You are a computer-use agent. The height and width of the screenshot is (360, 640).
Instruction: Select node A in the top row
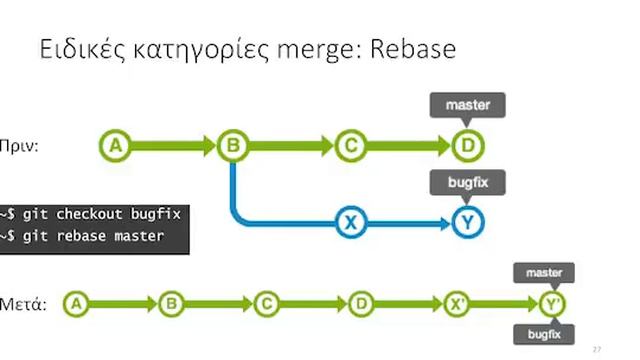pyautogui.click(x=116, y=146)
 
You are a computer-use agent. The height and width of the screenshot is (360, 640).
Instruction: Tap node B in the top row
pyautogui.click(x=232, y=146)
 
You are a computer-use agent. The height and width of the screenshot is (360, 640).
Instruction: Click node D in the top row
pyautogui.click(x=466, y=146)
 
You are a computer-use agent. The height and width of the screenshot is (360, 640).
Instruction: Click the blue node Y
pyautogui.click(x=466, y=222)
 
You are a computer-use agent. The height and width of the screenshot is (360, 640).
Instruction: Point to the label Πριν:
pyautogui.click(x=20, y=146)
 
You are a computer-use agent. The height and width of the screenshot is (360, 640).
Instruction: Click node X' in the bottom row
pyautogui.click(x=457, y=303)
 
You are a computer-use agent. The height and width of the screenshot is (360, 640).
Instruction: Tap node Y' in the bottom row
pyautogui.click(x=552, y=303)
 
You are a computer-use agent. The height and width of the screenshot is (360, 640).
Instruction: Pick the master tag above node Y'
pyautogui.click(x=544, y=273)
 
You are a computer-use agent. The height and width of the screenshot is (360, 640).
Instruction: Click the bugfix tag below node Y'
pyautogui.click(x=544, y=334)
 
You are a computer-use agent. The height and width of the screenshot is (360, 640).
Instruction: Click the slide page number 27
pyautogui.click(x=597, y=349)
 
